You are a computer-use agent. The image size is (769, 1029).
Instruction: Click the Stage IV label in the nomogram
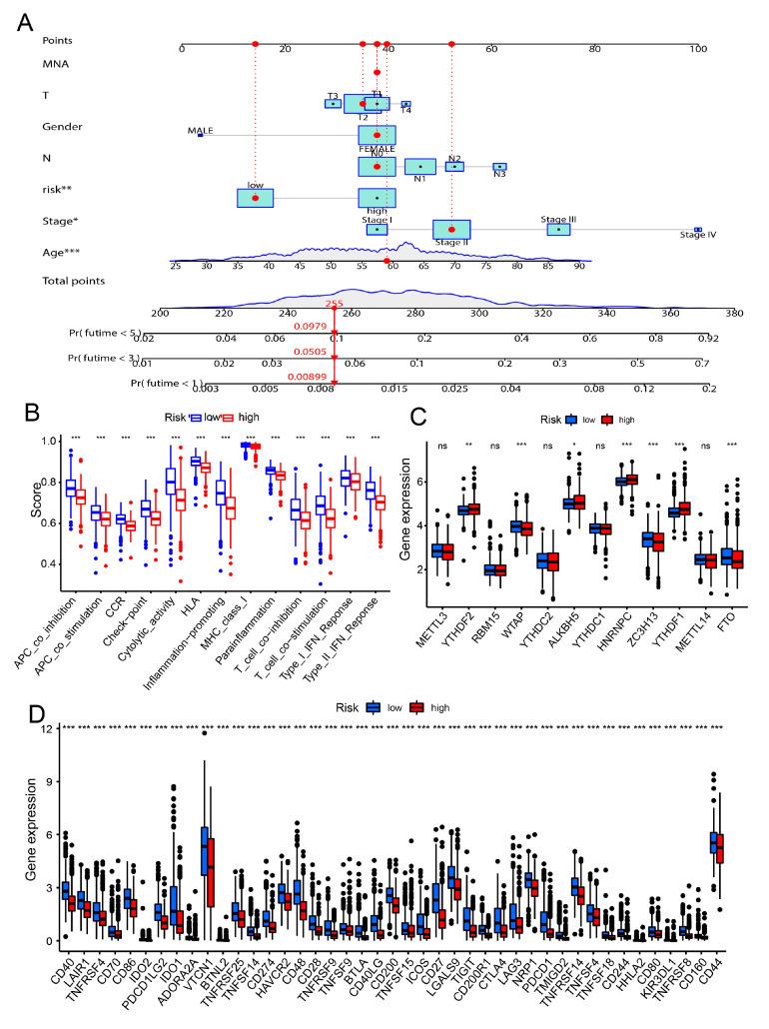pyautogui.click(x=698, y=236)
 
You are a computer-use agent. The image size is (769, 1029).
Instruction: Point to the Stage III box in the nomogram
pyautogui.click(x=559, y=229)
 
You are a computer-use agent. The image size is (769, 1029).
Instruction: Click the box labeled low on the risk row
pyautogui.click(x=256, y=198)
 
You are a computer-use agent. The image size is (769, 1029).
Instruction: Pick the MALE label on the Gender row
pyautogui.click(x=200, y=130)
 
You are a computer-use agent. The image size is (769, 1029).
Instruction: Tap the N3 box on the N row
pyautogui.click(x=499, y=167)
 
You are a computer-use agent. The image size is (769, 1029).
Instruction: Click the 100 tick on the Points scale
pyautogui.click(x=698, y=49)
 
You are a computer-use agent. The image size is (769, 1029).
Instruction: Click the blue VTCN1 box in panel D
pyautogui.click(x=204, y=844)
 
